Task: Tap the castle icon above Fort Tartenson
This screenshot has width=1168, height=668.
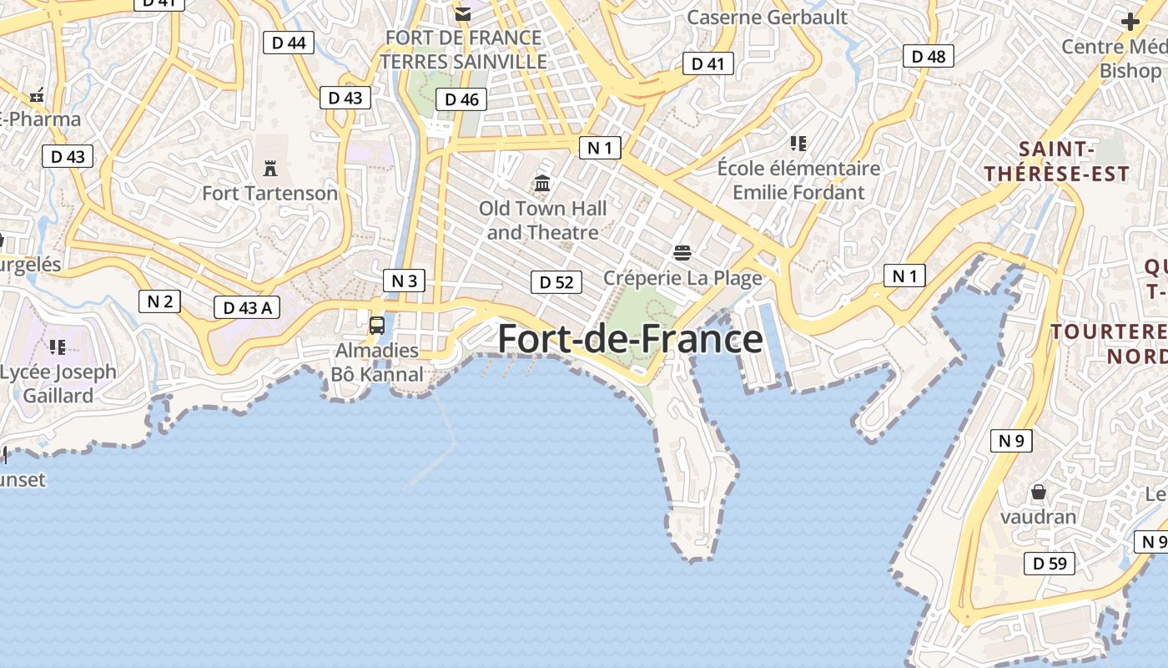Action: [270, 169]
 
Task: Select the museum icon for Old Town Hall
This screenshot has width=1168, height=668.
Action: [542, 183]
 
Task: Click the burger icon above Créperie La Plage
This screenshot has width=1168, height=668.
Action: [682, 252]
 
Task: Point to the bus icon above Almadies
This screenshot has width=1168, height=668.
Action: [377, 326]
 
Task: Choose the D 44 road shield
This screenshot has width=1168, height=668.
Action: [289, 43]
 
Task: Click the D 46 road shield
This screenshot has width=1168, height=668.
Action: [461, 99]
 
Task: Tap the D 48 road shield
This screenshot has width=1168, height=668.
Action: [929, 56]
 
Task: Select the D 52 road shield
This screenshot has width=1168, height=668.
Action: [556, 282]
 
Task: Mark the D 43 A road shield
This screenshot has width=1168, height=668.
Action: [247, 307]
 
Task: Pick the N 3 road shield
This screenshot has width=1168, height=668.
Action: [404, 281]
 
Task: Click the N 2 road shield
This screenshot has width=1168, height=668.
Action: [159, 301]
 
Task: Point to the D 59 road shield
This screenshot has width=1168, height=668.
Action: [1050, 564]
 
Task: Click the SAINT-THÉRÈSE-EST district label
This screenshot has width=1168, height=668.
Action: [1056, 162]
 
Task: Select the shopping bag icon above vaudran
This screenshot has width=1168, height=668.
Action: [1039, 492]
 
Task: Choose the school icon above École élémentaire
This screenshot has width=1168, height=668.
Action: [798, 144]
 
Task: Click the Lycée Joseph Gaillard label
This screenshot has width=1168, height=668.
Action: [58, 383]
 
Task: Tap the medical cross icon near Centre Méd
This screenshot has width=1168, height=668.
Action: [1130, 22]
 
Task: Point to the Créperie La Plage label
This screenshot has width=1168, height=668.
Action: [682, 278]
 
